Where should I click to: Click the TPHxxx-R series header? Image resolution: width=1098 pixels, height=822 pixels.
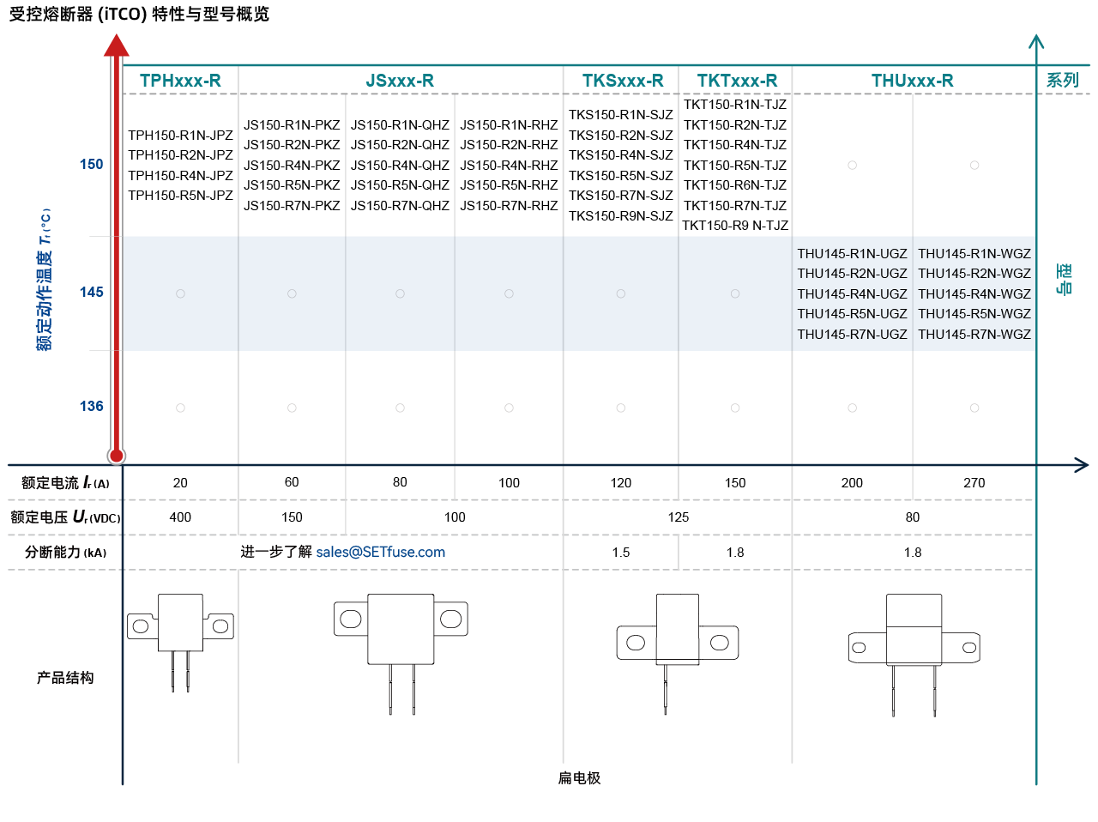[x=180, y=81]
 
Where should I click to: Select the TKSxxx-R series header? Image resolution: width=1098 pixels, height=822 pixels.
[x=623, y=81]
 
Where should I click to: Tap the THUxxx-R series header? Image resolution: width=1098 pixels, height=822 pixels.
[x=913, y=81]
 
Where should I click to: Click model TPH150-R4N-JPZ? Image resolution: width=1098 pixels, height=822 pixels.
[x=180, y=176]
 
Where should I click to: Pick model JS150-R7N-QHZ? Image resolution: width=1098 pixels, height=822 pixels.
[x=400, y=206]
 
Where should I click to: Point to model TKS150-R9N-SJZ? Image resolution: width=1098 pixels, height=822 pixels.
[x=621, y=215]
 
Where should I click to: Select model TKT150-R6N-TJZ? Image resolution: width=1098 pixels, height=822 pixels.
[x=735, y=185]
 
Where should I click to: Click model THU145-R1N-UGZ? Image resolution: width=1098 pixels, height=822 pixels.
[x=852, y=254]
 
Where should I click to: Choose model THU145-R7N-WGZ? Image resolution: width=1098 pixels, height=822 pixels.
[x=974, y=334]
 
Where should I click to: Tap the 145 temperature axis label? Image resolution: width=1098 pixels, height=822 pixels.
[x=92, y=293]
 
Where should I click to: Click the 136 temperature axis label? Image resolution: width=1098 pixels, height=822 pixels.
[x=92, y=406]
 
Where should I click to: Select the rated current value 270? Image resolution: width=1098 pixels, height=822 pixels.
[x=974, y=483]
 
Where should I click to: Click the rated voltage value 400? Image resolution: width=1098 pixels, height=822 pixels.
[x=180, y=517]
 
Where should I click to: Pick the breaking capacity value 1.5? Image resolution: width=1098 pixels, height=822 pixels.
[x=621, y=553]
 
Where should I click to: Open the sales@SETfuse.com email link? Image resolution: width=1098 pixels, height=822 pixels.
[x=381, y=552]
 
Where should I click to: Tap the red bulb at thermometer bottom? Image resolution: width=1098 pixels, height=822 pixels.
[x=117, y=456]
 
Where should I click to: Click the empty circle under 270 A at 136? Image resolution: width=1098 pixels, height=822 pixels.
[x=974, y=408]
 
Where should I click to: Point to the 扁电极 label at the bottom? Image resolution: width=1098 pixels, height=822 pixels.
[x=579, y=778]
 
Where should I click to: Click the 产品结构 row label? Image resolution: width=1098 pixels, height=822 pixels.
[x=65, y=678]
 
